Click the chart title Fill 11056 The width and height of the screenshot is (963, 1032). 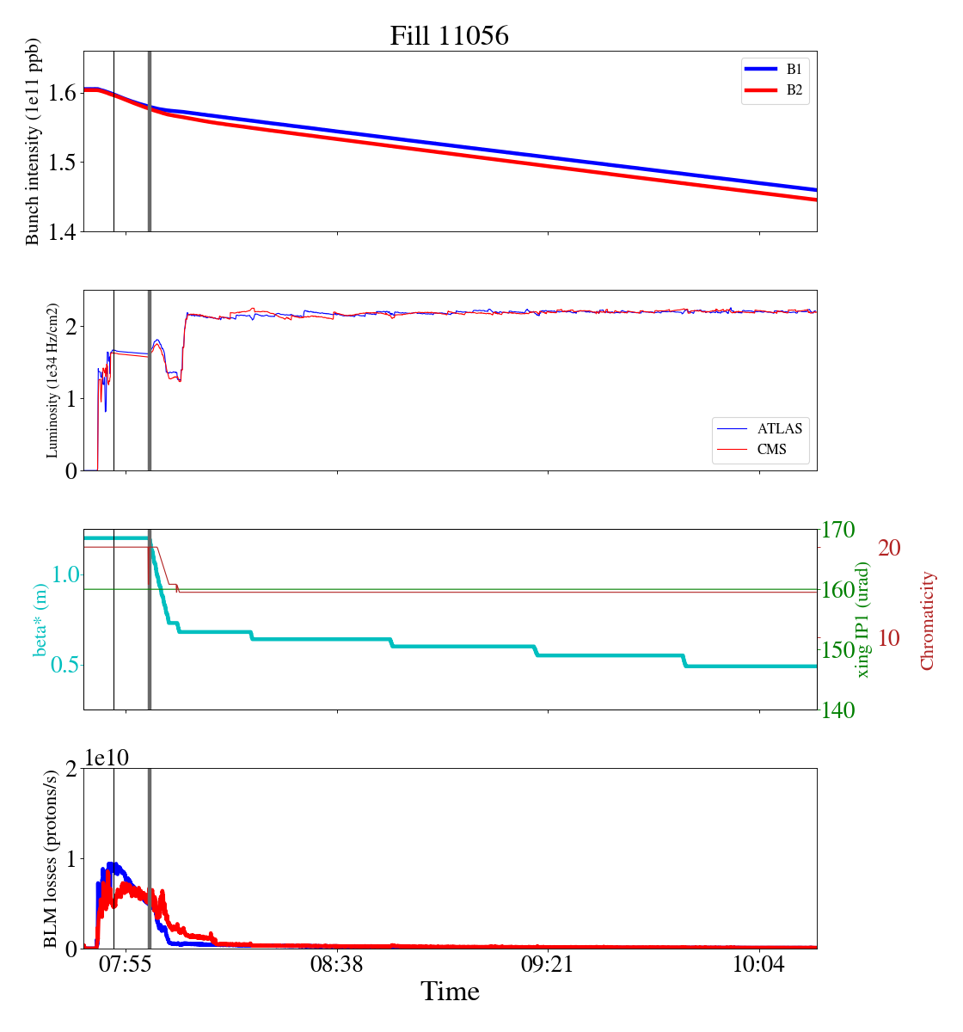tap(449, 35)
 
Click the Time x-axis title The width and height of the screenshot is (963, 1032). tap(450, 992)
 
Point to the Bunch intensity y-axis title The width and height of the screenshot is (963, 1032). tap(33, 141)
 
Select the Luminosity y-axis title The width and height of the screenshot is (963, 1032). tap(52, 380)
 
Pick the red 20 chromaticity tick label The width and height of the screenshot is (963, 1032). tap(890, 548)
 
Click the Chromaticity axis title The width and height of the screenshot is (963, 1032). tap(927, 620)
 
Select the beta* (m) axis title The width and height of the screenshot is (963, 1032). tap(40, 619)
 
